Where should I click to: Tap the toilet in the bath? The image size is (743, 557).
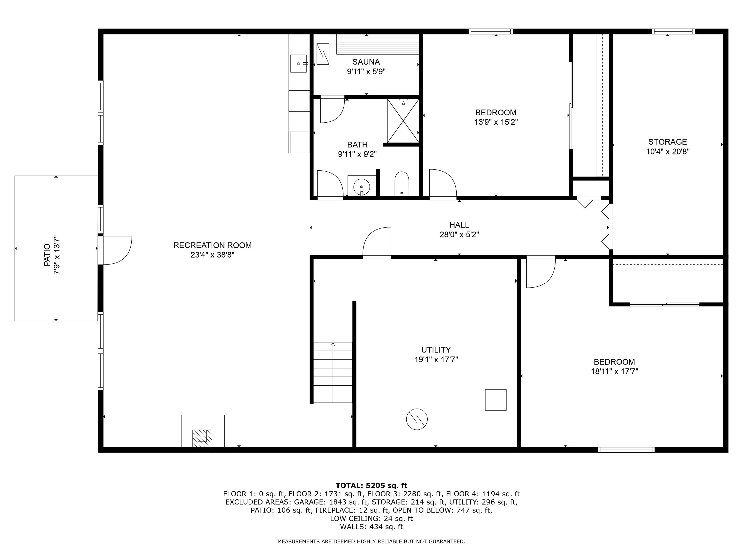(402, 183)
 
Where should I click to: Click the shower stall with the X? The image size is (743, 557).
(403, 121)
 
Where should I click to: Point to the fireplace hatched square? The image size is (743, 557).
(202, 438)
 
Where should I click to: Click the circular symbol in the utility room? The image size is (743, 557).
(416, 419)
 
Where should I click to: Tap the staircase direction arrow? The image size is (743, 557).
(333, 344)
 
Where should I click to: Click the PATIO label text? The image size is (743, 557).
(47, 255)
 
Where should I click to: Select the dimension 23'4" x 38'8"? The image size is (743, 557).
(212, 255)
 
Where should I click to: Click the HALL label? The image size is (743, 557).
(459, 225)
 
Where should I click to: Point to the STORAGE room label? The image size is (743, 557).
(668, 142)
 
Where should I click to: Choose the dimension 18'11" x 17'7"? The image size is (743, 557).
(614, 371)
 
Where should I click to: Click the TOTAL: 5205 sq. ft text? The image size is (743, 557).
(371, 485)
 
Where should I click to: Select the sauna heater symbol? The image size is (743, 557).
(323, 53)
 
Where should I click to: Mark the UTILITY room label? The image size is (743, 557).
(436, 350)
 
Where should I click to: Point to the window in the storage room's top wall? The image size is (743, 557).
(673, 32)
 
